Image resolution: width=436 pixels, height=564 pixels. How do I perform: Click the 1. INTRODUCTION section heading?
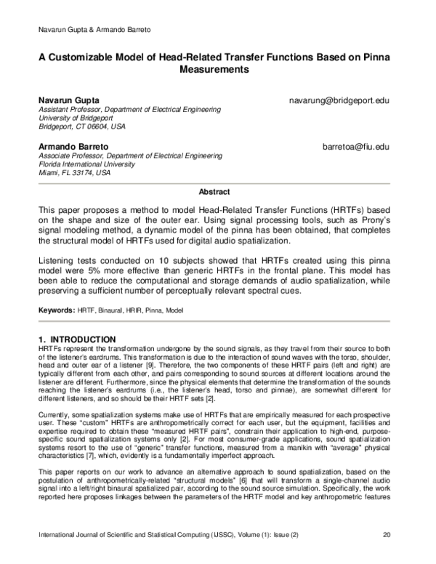tap(76, 339)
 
